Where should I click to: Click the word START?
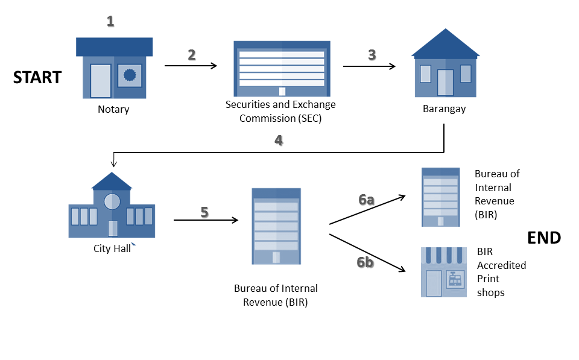click(x=37, y=77)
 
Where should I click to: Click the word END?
click(x=543, y=238)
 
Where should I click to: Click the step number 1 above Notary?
click(x=110, y=22)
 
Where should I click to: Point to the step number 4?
click(x=278, y=141)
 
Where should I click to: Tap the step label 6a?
click(x=366, y=200)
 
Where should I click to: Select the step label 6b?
click(x=365, y=262)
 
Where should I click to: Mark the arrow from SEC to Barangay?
click(x=369, y=66)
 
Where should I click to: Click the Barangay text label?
click(x=444, y=109)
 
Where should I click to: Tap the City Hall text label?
click(x=112, y=248)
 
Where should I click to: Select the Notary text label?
click(x=113, y=110)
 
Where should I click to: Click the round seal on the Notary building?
click(x=129, y=75)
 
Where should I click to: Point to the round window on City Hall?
click(x=112, y=201)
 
